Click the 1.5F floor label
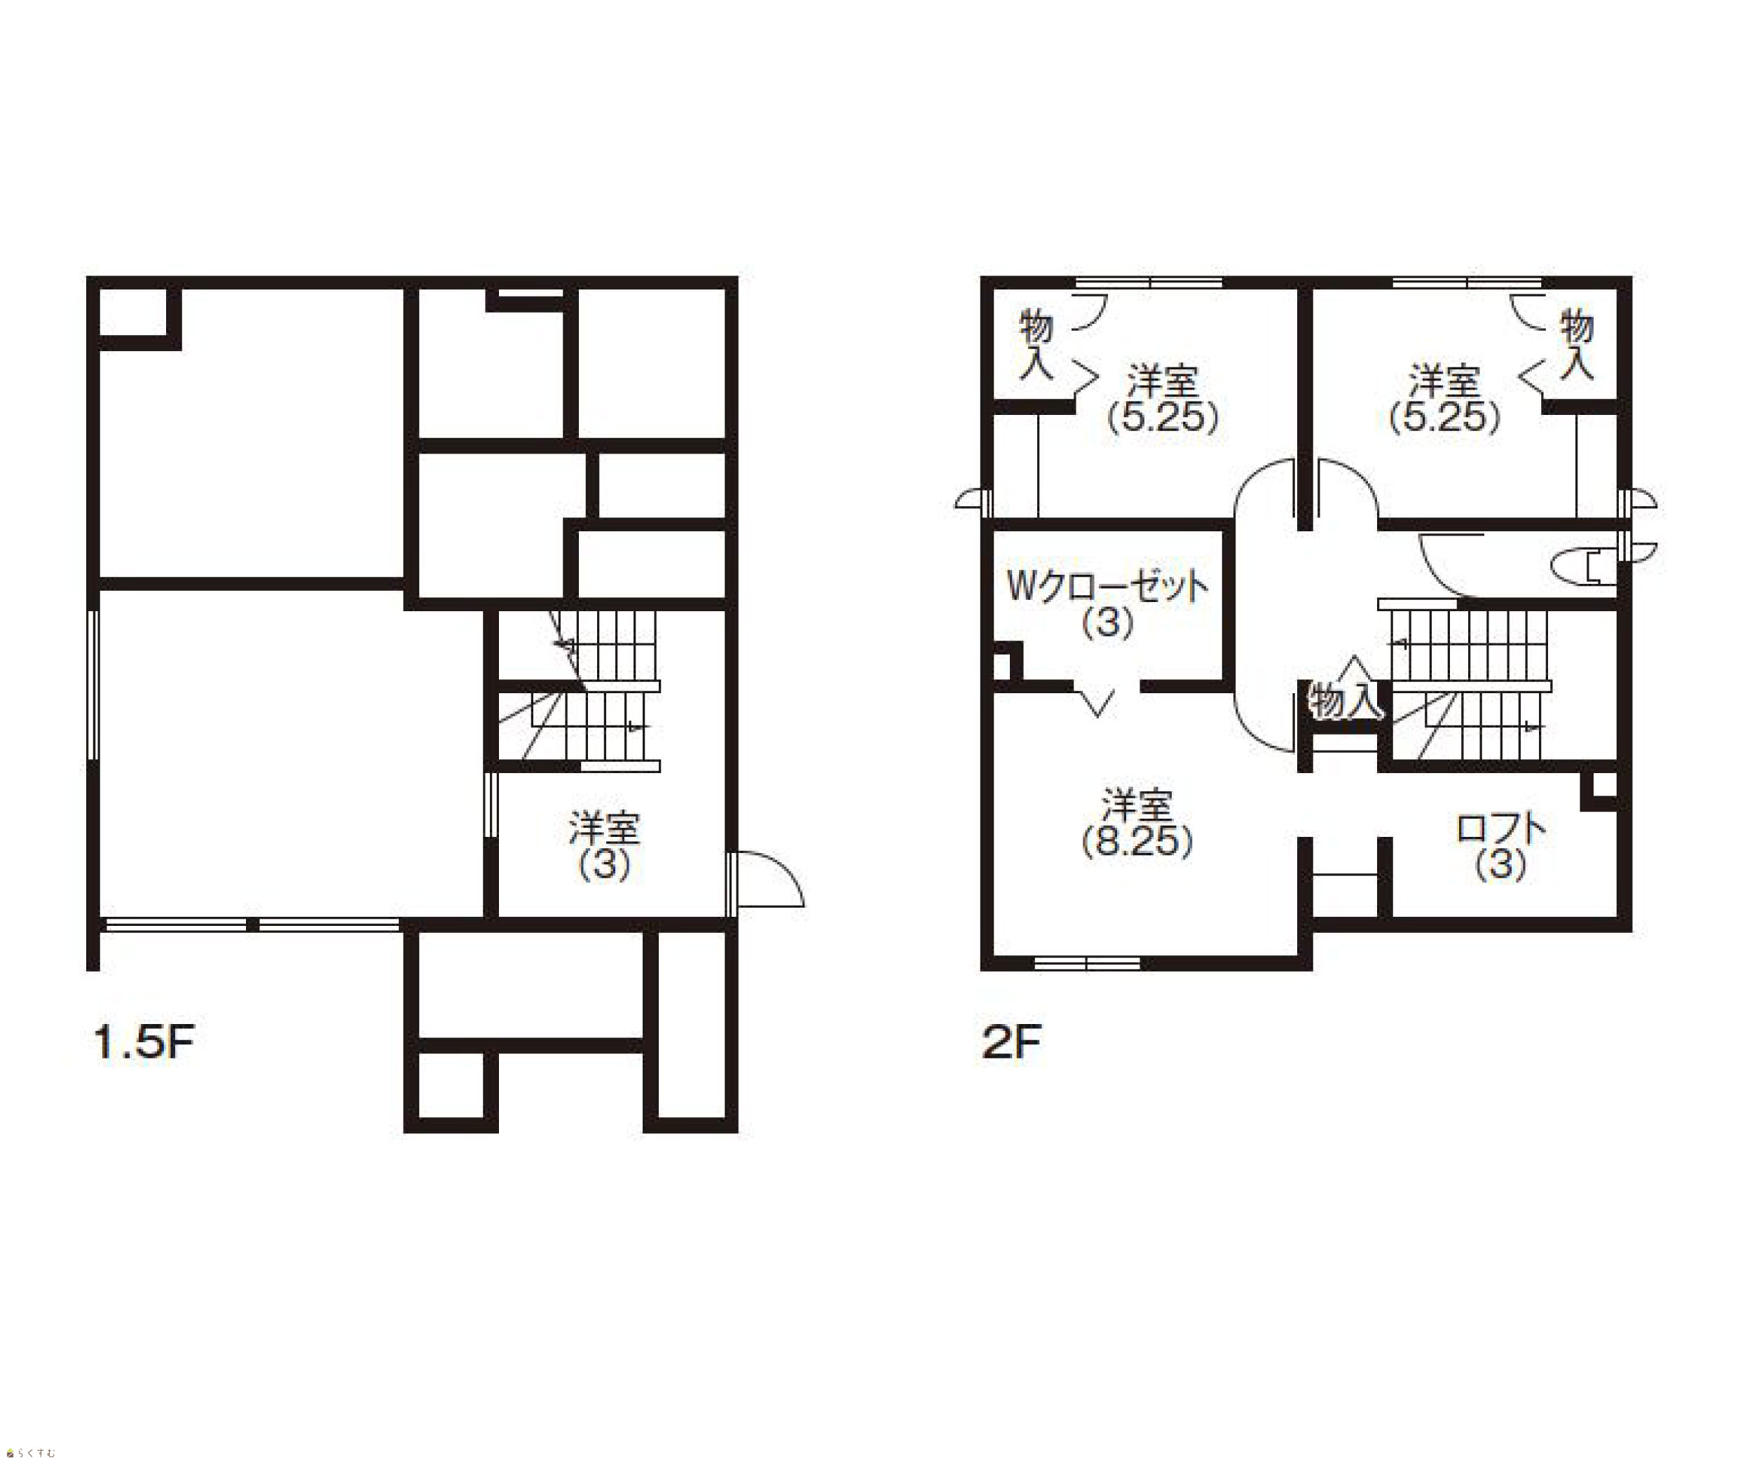coord(144,1042)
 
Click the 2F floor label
coord(1012,1042)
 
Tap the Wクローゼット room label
coord(1107,587)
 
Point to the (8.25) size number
coord(1137,841)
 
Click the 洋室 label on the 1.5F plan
coord(604,828)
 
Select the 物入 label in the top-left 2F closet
coord(1036,343)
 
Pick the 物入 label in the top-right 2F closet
coord(1577,343)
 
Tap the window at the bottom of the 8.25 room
coord(1087,963)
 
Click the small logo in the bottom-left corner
coord(31,1452)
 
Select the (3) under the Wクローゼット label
coord(1107,622)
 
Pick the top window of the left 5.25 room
coord(1149,283)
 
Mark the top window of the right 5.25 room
coord(1467,283)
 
